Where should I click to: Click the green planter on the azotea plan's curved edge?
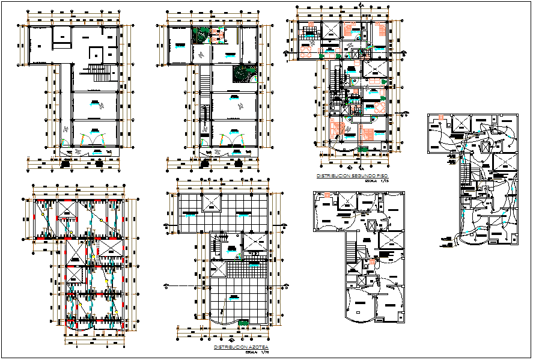pyautogui.click(x=243, y=324)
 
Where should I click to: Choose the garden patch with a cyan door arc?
pyautogui.click(x=244, y=73)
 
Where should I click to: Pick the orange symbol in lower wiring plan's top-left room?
pyautogui.click(x=327, y=195)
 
